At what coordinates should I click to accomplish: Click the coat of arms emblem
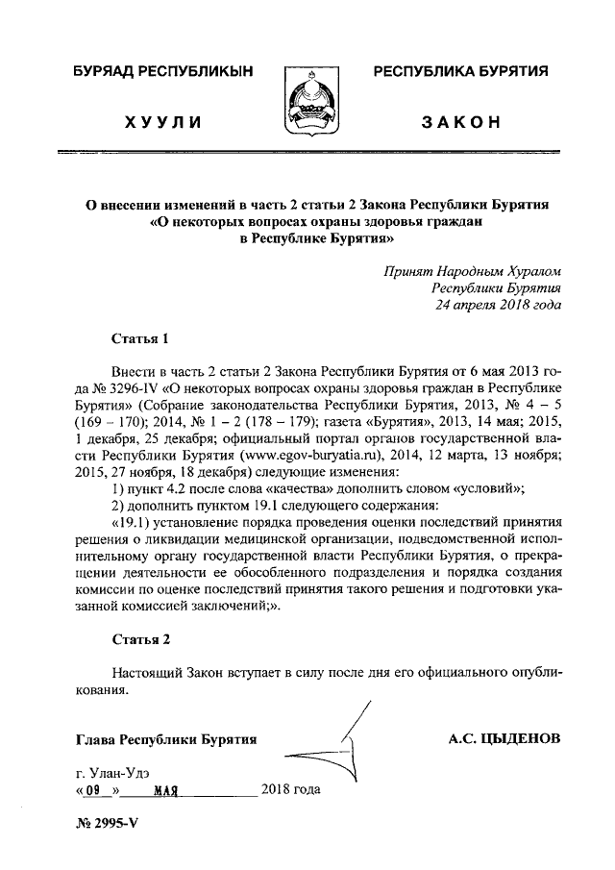click(307, 101)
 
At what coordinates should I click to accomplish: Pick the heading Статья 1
click(140, 338)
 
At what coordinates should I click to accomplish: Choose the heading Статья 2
click(140, 639)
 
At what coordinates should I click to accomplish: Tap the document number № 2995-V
click(107, 835)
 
